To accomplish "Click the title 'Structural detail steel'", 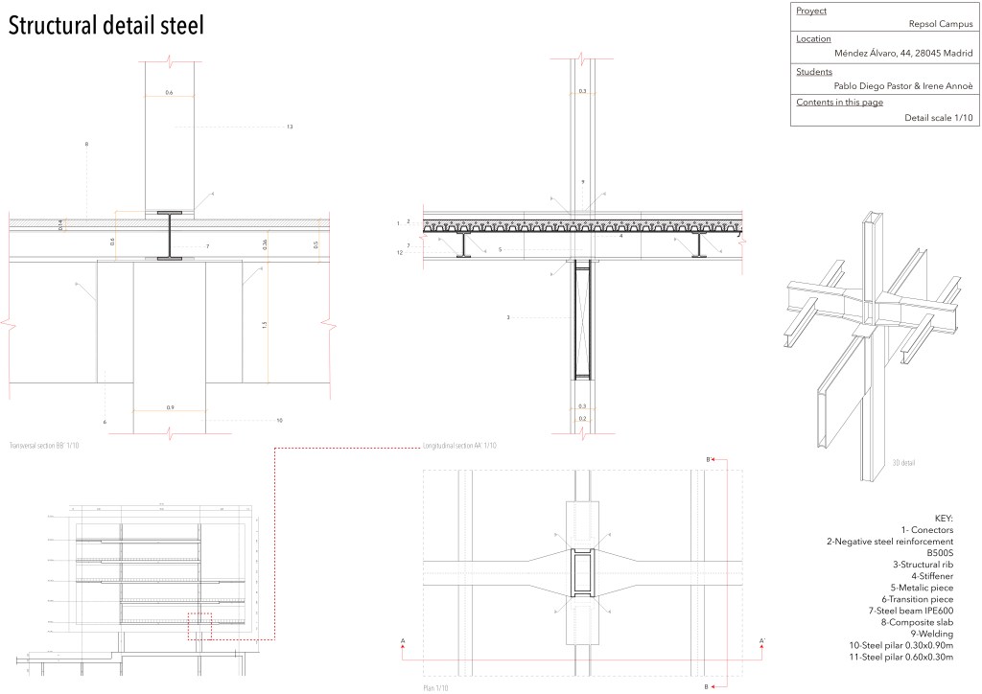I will point(106,25).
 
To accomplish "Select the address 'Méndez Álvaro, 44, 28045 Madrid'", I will point(904,54).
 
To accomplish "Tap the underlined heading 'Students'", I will point(814,71).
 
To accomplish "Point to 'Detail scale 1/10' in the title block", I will point(938,118).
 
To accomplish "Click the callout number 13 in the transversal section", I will point(289,127).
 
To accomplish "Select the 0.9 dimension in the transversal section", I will point(170,407).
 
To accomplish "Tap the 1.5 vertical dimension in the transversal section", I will point(264,325).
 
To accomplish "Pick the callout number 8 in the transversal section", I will point(86,145).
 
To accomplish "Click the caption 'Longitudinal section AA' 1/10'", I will point(459,446).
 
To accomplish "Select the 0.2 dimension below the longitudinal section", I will point(582,419).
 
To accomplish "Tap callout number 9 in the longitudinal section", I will point(582,181).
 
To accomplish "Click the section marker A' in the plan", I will point(761,640).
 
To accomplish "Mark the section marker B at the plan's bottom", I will point(708,686).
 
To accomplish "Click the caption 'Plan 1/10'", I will point(435,688).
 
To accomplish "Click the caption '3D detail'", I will point(903,463).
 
